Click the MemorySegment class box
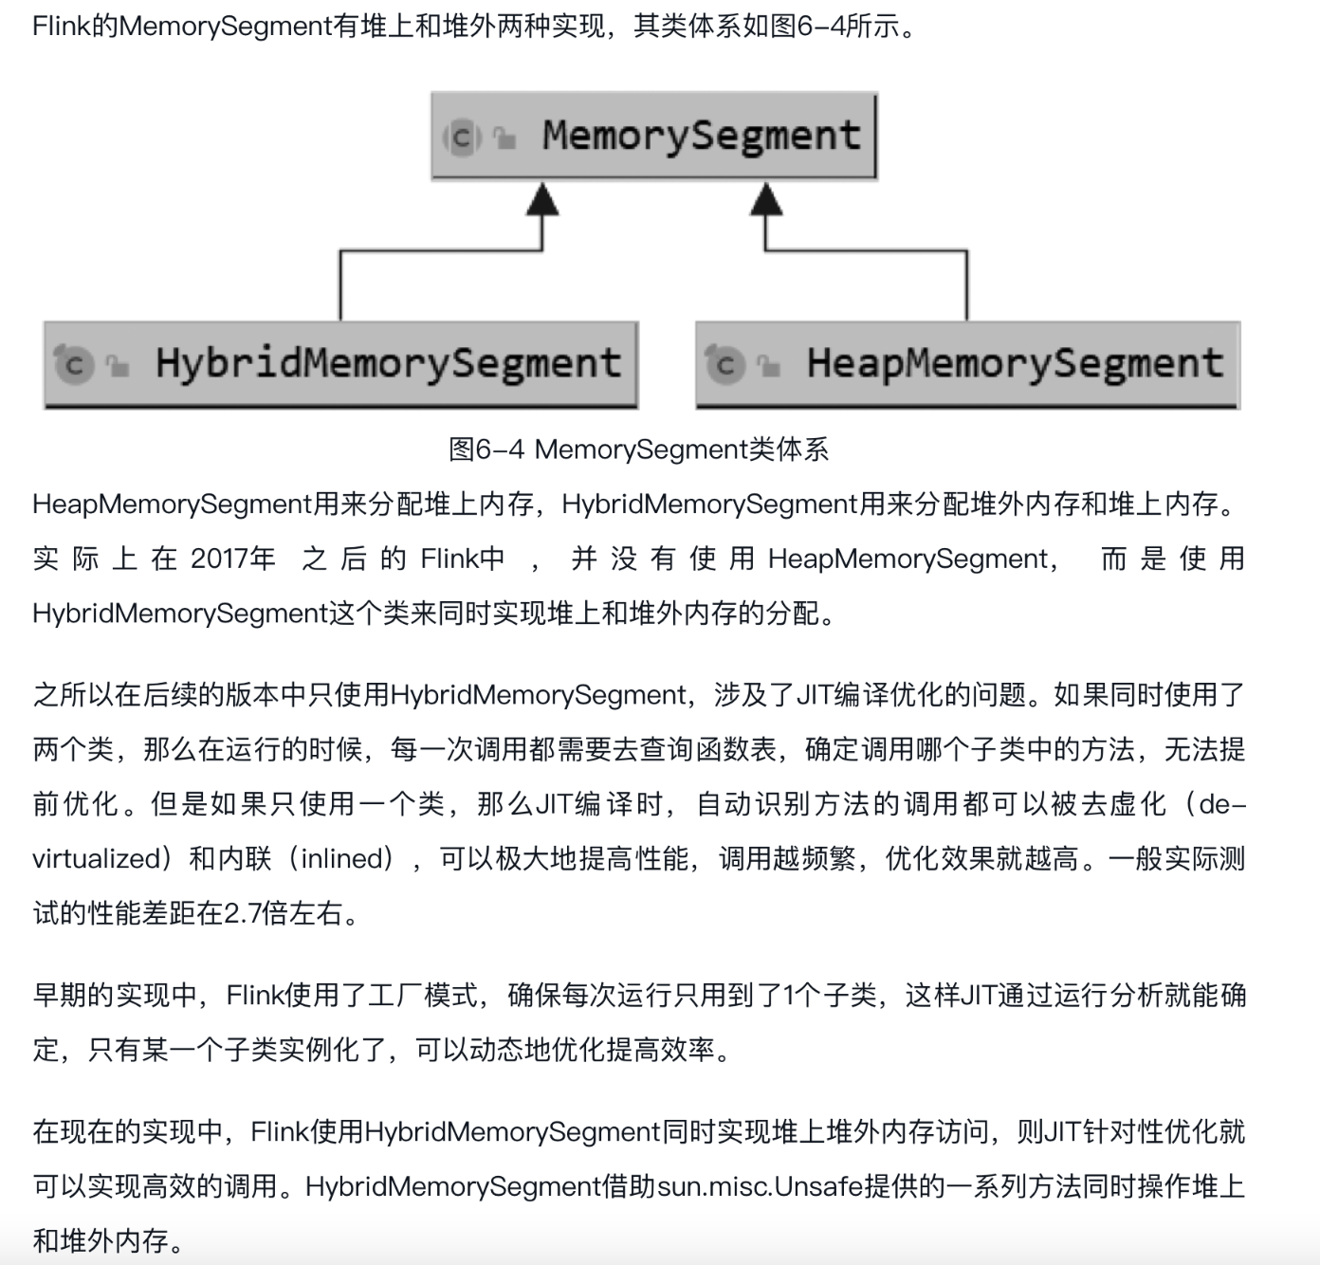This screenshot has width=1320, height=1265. pos(653,136)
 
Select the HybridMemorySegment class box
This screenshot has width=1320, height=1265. pos(340,364)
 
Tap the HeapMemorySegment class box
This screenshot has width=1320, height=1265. pos(967,364)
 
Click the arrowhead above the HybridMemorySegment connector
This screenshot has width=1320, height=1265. pos(542,200)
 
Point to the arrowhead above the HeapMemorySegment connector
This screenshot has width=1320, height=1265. pos(766,200)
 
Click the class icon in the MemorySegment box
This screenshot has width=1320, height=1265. pos(462,137)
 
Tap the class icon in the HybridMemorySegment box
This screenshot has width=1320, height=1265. pos(74,364)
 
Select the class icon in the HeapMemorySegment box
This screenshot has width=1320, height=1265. pos(724,364)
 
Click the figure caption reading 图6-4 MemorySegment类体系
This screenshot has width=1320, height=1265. pos(638,449)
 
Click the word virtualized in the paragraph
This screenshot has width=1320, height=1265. pos(97,859)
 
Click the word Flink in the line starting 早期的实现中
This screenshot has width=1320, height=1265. pos(255,996)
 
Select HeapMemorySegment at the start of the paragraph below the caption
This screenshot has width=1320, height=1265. pos(172,504)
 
